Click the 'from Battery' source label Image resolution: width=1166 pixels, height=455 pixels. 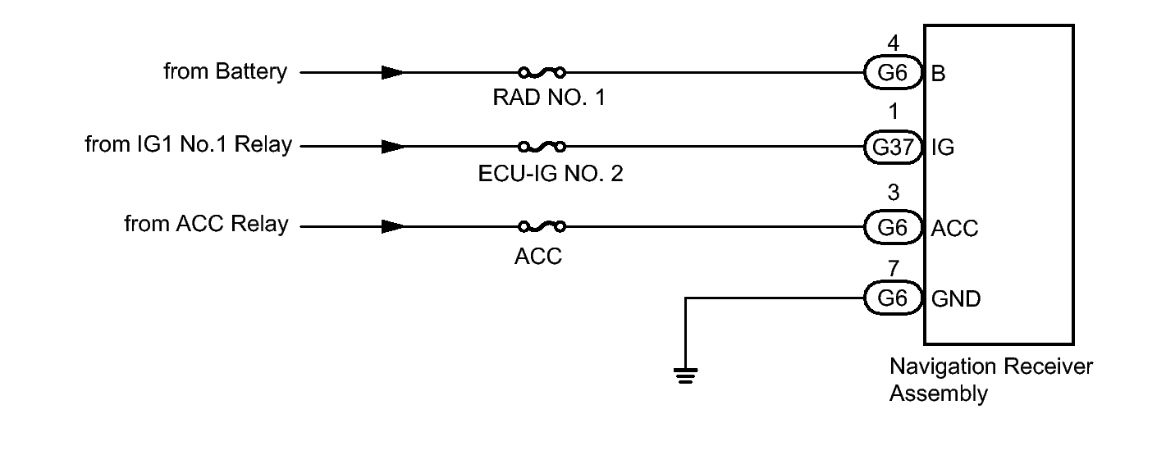pos(226,72)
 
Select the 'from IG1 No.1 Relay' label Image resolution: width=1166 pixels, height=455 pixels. pos(187,147)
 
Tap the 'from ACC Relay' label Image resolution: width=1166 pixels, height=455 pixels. pos(206,225)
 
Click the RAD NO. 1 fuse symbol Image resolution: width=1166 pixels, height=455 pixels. pos(542,72)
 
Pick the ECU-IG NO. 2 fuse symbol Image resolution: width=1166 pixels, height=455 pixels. pos(542,147)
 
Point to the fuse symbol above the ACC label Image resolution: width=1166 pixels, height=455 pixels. pos(542,225)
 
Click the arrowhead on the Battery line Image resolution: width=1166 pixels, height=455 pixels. pos(392,72)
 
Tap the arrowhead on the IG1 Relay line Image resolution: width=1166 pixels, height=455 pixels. pos(392,147)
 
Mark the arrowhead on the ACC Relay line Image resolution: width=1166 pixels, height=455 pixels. pos(392,225)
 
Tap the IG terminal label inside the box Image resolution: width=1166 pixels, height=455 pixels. pos(943,149)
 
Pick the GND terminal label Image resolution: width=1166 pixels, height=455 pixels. pos(956,299)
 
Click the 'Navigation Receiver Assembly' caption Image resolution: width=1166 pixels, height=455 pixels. pos(990,380)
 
